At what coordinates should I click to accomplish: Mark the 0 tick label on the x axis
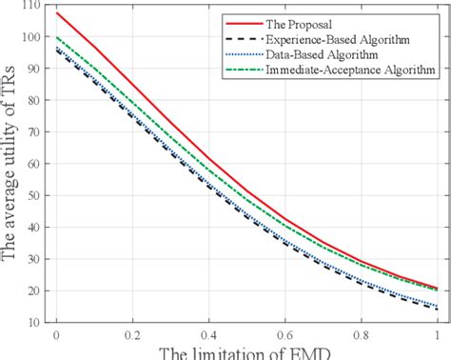click(56, 335)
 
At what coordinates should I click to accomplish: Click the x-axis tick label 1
click(437, 335)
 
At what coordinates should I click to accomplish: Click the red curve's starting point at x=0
click(56, 13)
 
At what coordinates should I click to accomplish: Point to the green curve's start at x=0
click(56, 37)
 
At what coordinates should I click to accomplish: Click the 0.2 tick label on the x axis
click(129, 335)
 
